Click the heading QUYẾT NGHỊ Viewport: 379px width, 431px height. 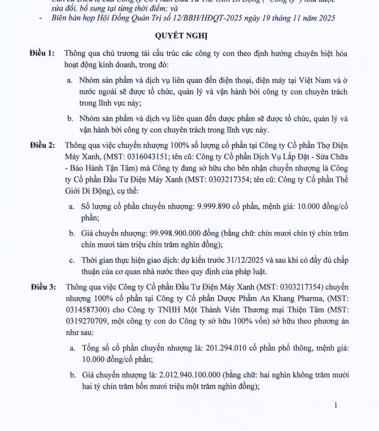189,36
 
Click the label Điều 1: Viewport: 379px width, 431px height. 42,54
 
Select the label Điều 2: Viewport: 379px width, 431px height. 42,145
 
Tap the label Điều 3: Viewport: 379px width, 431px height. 42,287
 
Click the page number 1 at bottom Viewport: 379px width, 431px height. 336,405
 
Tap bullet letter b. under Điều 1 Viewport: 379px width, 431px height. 70,119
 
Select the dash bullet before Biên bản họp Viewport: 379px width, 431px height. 40,18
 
